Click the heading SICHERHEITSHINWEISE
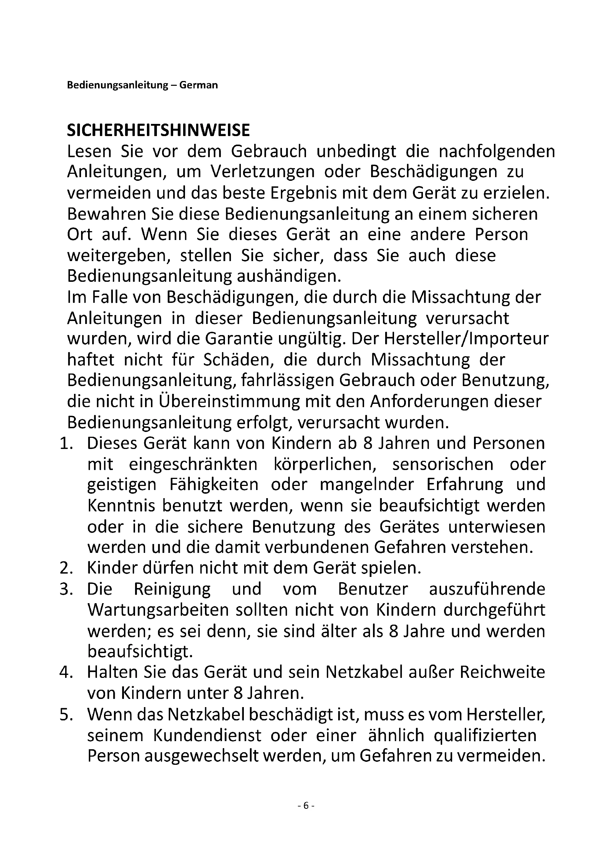(158, 130)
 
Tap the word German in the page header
(198, 85)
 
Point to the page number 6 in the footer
(306, 805)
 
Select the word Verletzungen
(263, 172)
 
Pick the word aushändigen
(289, 277)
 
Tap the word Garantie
(239, 339)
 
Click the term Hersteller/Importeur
(466, 339)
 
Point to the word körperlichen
(325, 464)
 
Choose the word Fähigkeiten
(214, 485)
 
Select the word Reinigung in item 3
(172, 589)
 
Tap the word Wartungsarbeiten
(158, 610)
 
